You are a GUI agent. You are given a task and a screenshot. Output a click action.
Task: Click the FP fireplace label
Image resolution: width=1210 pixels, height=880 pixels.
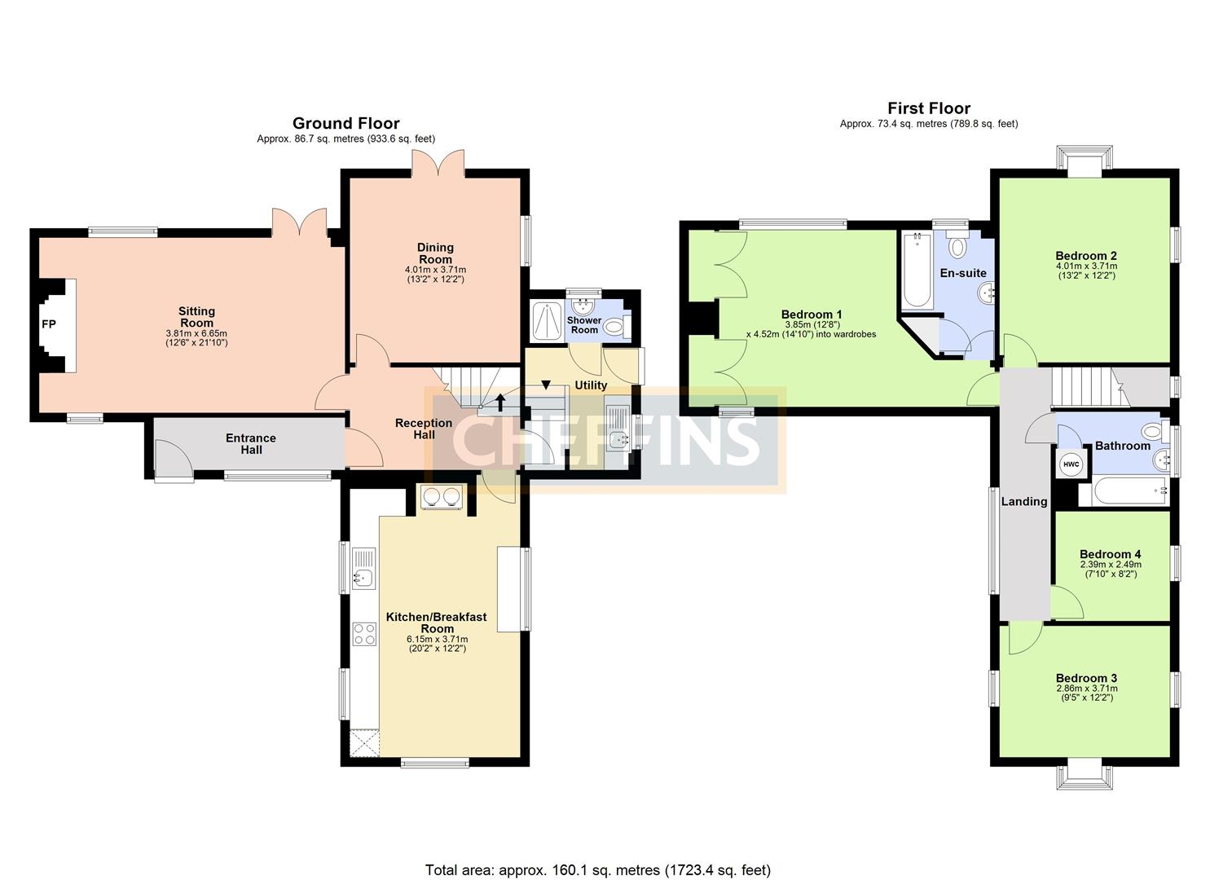(49, 324)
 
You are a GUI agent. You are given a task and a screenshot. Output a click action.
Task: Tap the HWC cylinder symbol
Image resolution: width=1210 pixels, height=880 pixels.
(1071, 464)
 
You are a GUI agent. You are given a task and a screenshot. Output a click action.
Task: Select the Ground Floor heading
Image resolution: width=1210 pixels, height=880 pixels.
(345, 123)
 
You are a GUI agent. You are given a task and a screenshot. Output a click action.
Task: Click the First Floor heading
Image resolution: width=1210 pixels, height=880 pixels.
(929, 108)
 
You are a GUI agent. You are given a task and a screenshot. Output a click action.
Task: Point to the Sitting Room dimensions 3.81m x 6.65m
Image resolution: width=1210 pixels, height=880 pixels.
(196, 333)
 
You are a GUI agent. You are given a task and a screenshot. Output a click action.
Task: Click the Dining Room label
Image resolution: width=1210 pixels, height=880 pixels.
(435, 253)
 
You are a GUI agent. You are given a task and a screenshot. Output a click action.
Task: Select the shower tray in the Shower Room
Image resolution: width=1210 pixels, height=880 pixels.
(548, 322)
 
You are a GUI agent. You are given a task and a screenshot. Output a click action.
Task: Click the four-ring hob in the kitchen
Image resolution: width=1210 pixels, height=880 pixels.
(364, 634)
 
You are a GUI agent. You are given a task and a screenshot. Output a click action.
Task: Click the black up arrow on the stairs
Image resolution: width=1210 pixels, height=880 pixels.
(500, 403)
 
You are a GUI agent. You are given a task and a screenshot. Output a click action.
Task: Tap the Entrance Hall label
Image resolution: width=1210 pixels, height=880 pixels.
(251, 443)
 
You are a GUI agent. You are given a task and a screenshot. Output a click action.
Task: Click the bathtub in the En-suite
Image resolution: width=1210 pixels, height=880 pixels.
(916, 270)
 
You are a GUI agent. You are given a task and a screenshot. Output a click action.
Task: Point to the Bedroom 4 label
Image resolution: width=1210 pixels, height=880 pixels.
(1110, 554)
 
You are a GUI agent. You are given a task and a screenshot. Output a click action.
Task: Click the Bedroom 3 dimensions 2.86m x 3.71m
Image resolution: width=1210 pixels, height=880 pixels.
(1086, 689)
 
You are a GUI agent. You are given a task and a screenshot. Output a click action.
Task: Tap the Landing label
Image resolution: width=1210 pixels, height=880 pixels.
(1024, 501)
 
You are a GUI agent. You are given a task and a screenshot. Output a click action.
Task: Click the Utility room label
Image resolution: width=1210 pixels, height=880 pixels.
(591, 385)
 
